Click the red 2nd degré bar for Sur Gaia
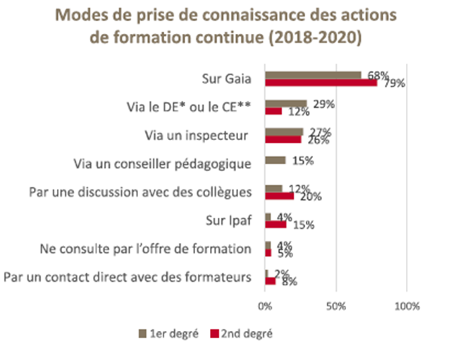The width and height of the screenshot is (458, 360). point(321,82)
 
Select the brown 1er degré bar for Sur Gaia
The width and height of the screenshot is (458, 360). point(313,75)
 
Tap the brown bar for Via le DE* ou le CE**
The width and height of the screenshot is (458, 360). point(285,104)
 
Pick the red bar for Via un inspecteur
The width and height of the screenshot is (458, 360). point(283,139)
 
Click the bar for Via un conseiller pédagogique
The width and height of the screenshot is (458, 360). point(275,161)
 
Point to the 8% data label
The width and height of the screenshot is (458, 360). point(289,282)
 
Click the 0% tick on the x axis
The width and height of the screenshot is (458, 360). point(265,306)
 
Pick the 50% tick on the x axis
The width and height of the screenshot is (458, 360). point(335,306)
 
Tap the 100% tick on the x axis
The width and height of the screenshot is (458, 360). point(407,306)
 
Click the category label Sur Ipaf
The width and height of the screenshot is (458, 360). point(229,221)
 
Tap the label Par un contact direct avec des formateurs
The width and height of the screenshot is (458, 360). point(128,277)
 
